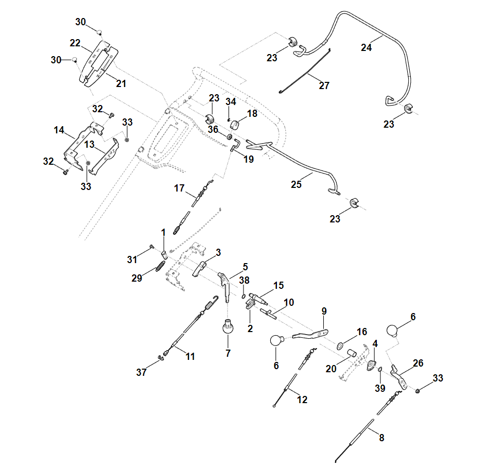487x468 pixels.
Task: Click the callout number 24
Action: coord(367,47)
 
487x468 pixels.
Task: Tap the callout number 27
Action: coord(324,86)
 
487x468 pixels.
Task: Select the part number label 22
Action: coord(75,43)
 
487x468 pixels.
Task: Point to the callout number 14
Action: coord(59,130)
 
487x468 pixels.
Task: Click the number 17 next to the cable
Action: coord(179,188)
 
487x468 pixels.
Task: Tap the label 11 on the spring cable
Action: coord(190,356)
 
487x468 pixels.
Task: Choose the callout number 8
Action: coord(381,438)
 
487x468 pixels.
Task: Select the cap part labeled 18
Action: coord(237,125)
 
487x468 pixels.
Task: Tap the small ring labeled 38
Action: coord(243,296)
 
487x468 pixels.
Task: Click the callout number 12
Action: coord(302,399)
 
